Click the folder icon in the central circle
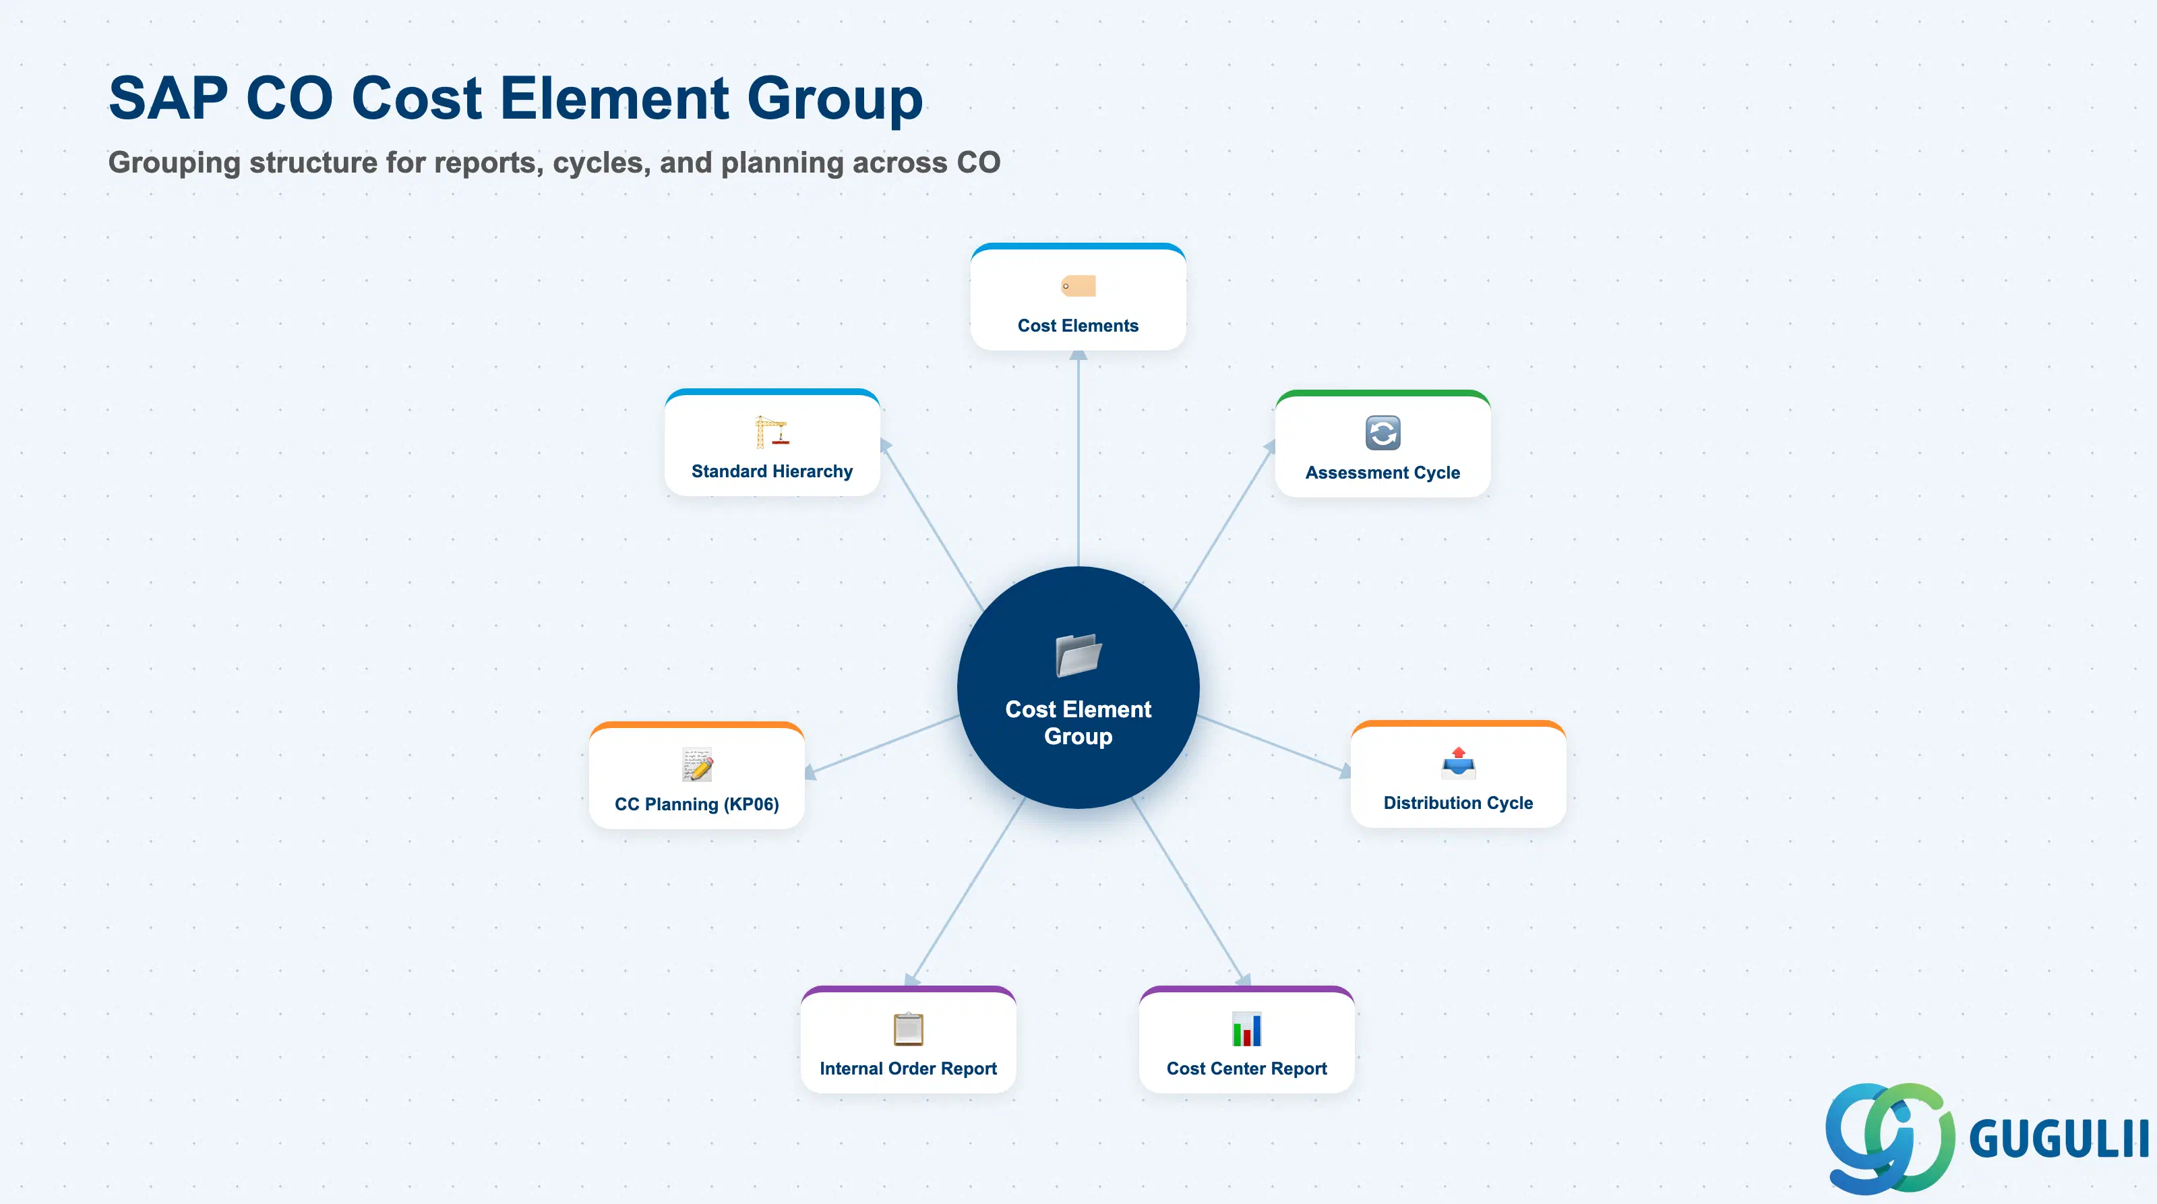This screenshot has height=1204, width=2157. (x=1078, y=655)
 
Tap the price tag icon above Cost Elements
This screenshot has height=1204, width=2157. (x=1078, y=286)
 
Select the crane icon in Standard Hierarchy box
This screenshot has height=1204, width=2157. (x=771, y=432)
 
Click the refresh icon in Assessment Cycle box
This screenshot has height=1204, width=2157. (x=1383, y=433)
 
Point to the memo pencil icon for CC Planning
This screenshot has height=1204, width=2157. (x=697, y=764)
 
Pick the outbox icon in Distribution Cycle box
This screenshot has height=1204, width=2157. (x=1459, y=762)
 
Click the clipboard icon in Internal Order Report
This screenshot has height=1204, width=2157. (x=909, y=1029)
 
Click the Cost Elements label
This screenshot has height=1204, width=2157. (x=1078, y=326)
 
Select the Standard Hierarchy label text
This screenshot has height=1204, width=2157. (x=772, y=471)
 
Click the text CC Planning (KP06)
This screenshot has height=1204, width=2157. (x=697, y=804)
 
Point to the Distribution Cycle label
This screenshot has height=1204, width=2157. (x=1459, y=803)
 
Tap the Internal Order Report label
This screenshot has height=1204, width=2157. (x=909, y=1068)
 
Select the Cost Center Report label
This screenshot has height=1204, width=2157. (x=1247, y=1068)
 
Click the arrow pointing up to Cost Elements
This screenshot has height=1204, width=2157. (x=1078, y=458)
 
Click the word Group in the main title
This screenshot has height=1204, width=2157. (x=835, y=100)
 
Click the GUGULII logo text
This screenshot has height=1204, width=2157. (x=2058, y=1139)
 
